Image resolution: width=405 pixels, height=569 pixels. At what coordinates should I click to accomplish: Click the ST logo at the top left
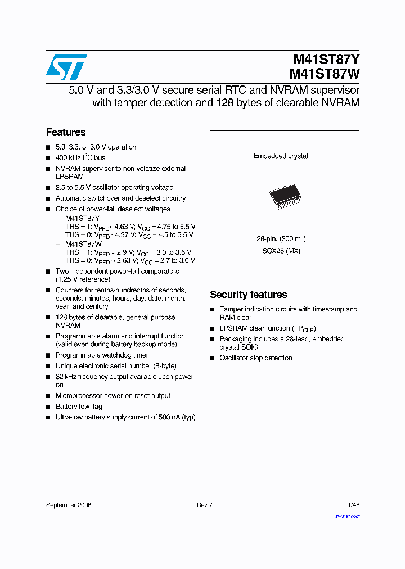click(x=66, y=67)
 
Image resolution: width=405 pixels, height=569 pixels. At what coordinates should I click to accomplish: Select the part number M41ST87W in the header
click(x=325, y=74)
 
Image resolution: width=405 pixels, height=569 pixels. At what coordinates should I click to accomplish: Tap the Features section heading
click(x=66, y=132)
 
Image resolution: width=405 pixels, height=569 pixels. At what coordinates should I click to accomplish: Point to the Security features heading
click(x=248, y=295)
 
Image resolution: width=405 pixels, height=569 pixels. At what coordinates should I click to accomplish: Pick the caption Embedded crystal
click(x=280, y=156)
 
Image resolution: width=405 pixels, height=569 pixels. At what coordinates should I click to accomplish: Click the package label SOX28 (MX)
click(x=281, y=251)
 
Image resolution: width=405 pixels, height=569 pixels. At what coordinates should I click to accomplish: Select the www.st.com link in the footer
click(x=347, y=516)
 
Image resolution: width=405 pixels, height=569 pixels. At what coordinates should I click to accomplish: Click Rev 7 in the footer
click(x=204, y=505)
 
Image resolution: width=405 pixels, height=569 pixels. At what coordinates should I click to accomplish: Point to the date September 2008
click(x=69, y=505)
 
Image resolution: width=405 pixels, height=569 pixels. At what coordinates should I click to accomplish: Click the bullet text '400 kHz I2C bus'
click(x=80, y=158)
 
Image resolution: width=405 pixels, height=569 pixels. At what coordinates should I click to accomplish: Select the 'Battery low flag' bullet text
click(x=79, y=407)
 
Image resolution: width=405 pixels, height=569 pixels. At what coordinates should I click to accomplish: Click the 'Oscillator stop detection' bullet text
click(x=256, y=358)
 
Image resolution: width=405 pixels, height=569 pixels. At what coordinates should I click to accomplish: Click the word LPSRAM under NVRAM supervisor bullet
click(x=70, y=177)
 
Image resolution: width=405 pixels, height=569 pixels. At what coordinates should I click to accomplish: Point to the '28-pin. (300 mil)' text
click(x=281, y=239)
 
